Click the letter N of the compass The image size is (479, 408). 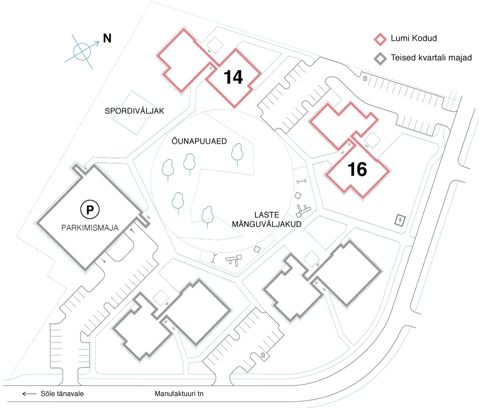[x=107, y=39]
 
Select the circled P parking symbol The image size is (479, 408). [x=89, y=209]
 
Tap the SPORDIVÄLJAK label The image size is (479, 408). [x=135, y=111]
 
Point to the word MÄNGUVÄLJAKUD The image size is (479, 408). [x=266, y=223]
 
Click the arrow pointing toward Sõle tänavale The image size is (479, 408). [x=29, y=394]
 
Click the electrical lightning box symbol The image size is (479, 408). [x=399, y=220]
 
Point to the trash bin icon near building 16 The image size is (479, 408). [x=365, y=79]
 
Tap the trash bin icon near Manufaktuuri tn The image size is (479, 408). [x=263, y=355]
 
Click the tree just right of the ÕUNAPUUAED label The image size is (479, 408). [x=238, y=153]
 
